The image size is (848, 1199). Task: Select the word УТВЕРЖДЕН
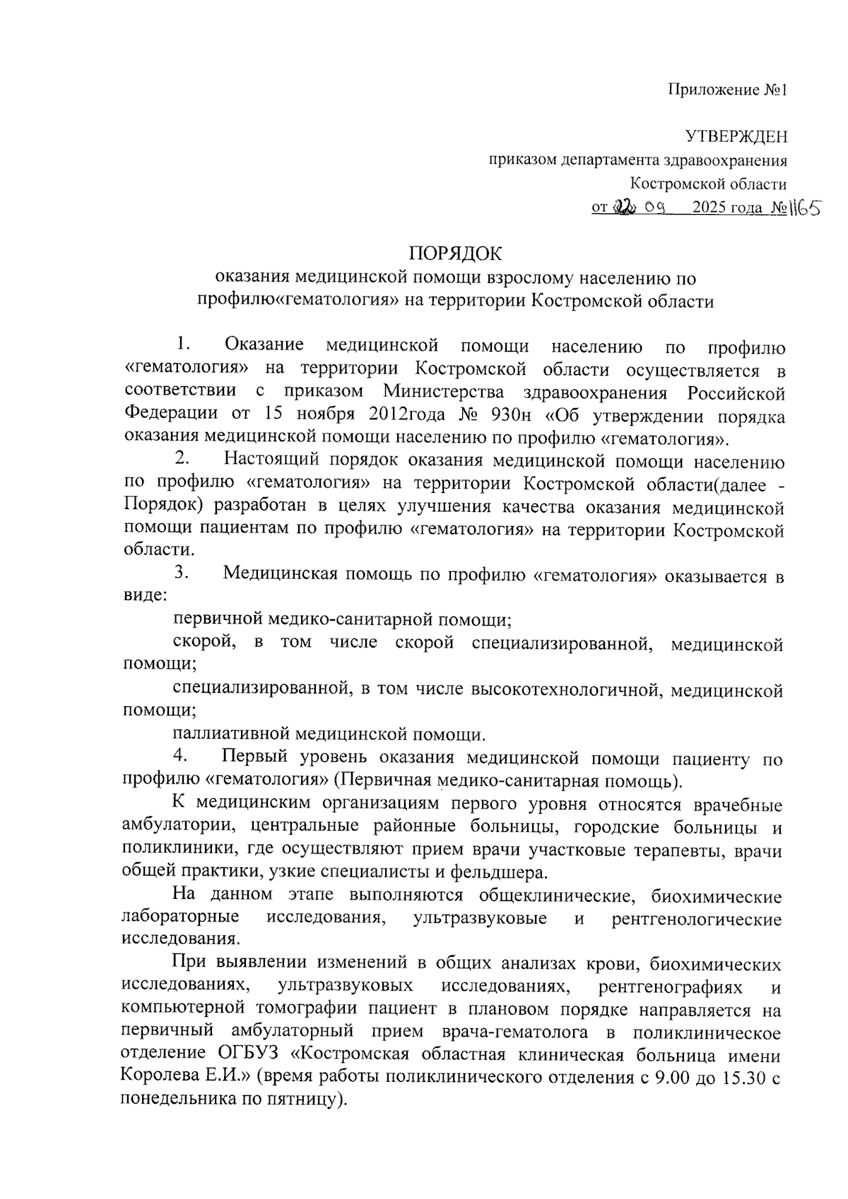pyautogui.click(x=736, y=137)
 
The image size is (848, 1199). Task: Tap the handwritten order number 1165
pyautogui.click(x=802, y=209)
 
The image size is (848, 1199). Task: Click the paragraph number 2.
pyautogui.click(x=182, y=459)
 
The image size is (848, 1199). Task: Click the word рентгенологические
pyautogui.click(x=697, y=919)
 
